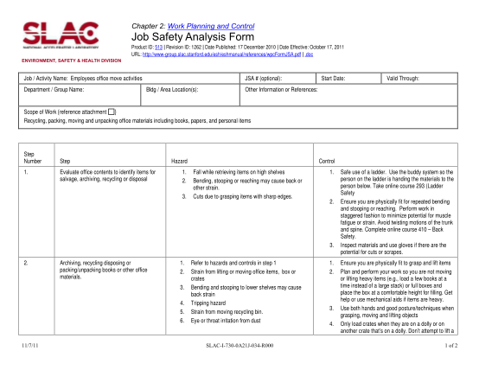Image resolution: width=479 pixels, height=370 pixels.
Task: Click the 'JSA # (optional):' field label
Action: pyautogui.click(x=269, y=77)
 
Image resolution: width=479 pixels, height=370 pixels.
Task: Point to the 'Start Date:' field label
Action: pyautogui.click(x=334, y=77)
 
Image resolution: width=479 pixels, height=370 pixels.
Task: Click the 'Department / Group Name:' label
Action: pyautogui.click(x=52, y=88)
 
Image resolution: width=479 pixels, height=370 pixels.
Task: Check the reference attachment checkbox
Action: pyautogui.click(x=112, y=112)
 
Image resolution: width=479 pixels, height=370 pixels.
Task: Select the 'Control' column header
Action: pyautogui.click(x=328, y=162)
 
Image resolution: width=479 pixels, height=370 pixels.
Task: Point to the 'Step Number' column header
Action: pyautogui.click(x=33, y=158)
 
